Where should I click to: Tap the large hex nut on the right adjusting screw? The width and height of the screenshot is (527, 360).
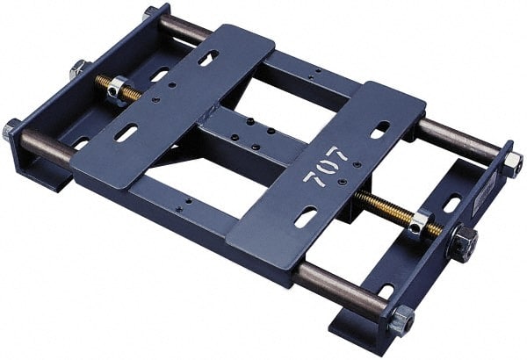[462, 240]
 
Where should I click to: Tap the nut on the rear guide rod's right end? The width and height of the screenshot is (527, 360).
[512, 164]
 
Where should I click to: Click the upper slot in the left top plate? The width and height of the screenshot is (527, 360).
[208, 59]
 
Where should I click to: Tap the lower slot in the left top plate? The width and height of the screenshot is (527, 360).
[126, 133]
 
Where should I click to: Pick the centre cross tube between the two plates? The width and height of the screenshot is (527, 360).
[233, 140]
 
